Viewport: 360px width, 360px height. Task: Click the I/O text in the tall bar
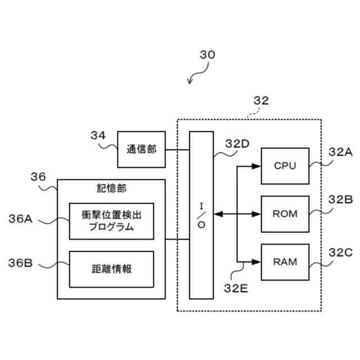tap(201, 215)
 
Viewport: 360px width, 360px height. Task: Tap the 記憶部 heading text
tap(111, 188)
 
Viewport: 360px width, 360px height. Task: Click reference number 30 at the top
tap(208, 55)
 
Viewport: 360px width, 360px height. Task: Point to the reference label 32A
tap(340, 152)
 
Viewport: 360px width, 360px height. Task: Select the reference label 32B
tap(340, 200)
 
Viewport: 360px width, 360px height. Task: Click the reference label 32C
tap(340, 253)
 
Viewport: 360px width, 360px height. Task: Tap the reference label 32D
tap(237, 144)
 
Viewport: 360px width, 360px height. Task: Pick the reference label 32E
tap(236, 289)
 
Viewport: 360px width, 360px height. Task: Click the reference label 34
tap(98, 135)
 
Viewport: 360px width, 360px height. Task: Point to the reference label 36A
tap(20, 219)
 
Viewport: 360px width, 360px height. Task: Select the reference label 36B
tap(20, 263)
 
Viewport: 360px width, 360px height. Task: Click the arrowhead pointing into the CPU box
tap(256, 166)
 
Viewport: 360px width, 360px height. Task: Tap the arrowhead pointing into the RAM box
tap(256, 262)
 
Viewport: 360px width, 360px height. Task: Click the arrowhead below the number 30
tap(190, 82)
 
